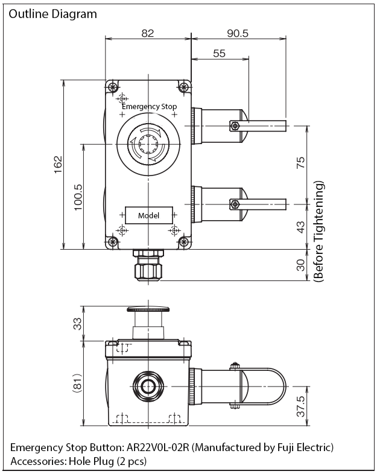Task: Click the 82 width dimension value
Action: click(x=148, y=33)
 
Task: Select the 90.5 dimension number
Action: click(x=238, y=33)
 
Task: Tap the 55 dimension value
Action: click(x=219, y=53)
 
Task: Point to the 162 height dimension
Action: click(x=58, y=164)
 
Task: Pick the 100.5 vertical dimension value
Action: click(x=78, y=197)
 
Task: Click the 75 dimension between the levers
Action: click(x=300, y=163)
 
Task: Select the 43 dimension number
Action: click(x=300, y=227)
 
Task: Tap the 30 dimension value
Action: click(x=300, y=265)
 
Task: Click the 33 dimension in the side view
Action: click(x=78, y=323)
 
